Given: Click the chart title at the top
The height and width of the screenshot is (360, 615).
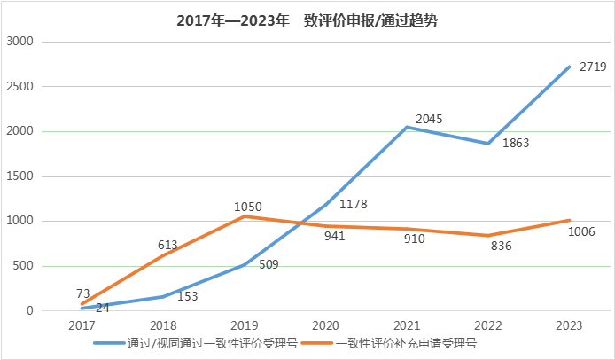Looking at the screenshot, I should pyautogui.click(x=307, y=21).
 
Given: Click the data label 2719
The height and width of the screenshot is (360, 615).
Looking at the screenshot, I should pyautogui.click(x=592, y=67).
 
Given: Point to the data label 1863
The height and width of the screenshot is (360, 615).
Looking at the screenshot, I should pyautogui.click(x=515, y=143).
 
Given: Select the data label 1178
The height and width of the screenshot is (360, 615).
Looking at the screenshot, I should pyautogui.click(x=353, y=204).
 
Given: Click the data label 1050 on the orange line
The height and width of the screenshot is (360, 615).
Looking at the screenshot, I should pyautogui.click(x=248, y=207).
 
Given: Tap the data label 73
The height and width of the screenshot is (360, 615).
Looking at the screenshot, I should pyautogui.click(x=82, y=293).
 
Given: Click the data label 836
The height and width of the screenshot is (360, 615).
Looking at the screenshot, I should pyautogui.click(x=501, y=246).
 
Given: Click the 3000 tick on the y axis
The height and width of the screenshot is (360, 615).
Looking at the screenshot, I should pyautogui.click(x=19, y=42).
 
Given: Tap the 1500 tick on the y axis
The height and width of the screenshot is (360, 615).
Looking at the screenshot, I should pyautogui.click(x=19, y=176).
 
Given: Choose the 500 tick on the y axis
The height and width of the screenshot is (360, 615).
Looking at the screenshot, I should pyautogui.click(x=23, y=266).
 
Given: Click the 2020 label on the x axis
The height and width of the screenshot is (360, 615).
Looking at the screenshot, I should pyautogui.click(x=326, y=325).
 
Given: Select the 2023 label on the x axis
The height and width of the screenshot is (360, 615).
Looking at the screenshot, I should pyautogui.click(x=569, y=325).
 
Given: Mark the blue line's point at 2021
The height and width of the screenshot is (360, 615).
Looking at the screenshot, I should pyautogui.click(x=407, y=128).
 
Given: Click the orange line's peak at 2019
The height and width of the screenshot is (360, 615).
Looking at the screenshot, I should pyautogui.click(x=245, y=216).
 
